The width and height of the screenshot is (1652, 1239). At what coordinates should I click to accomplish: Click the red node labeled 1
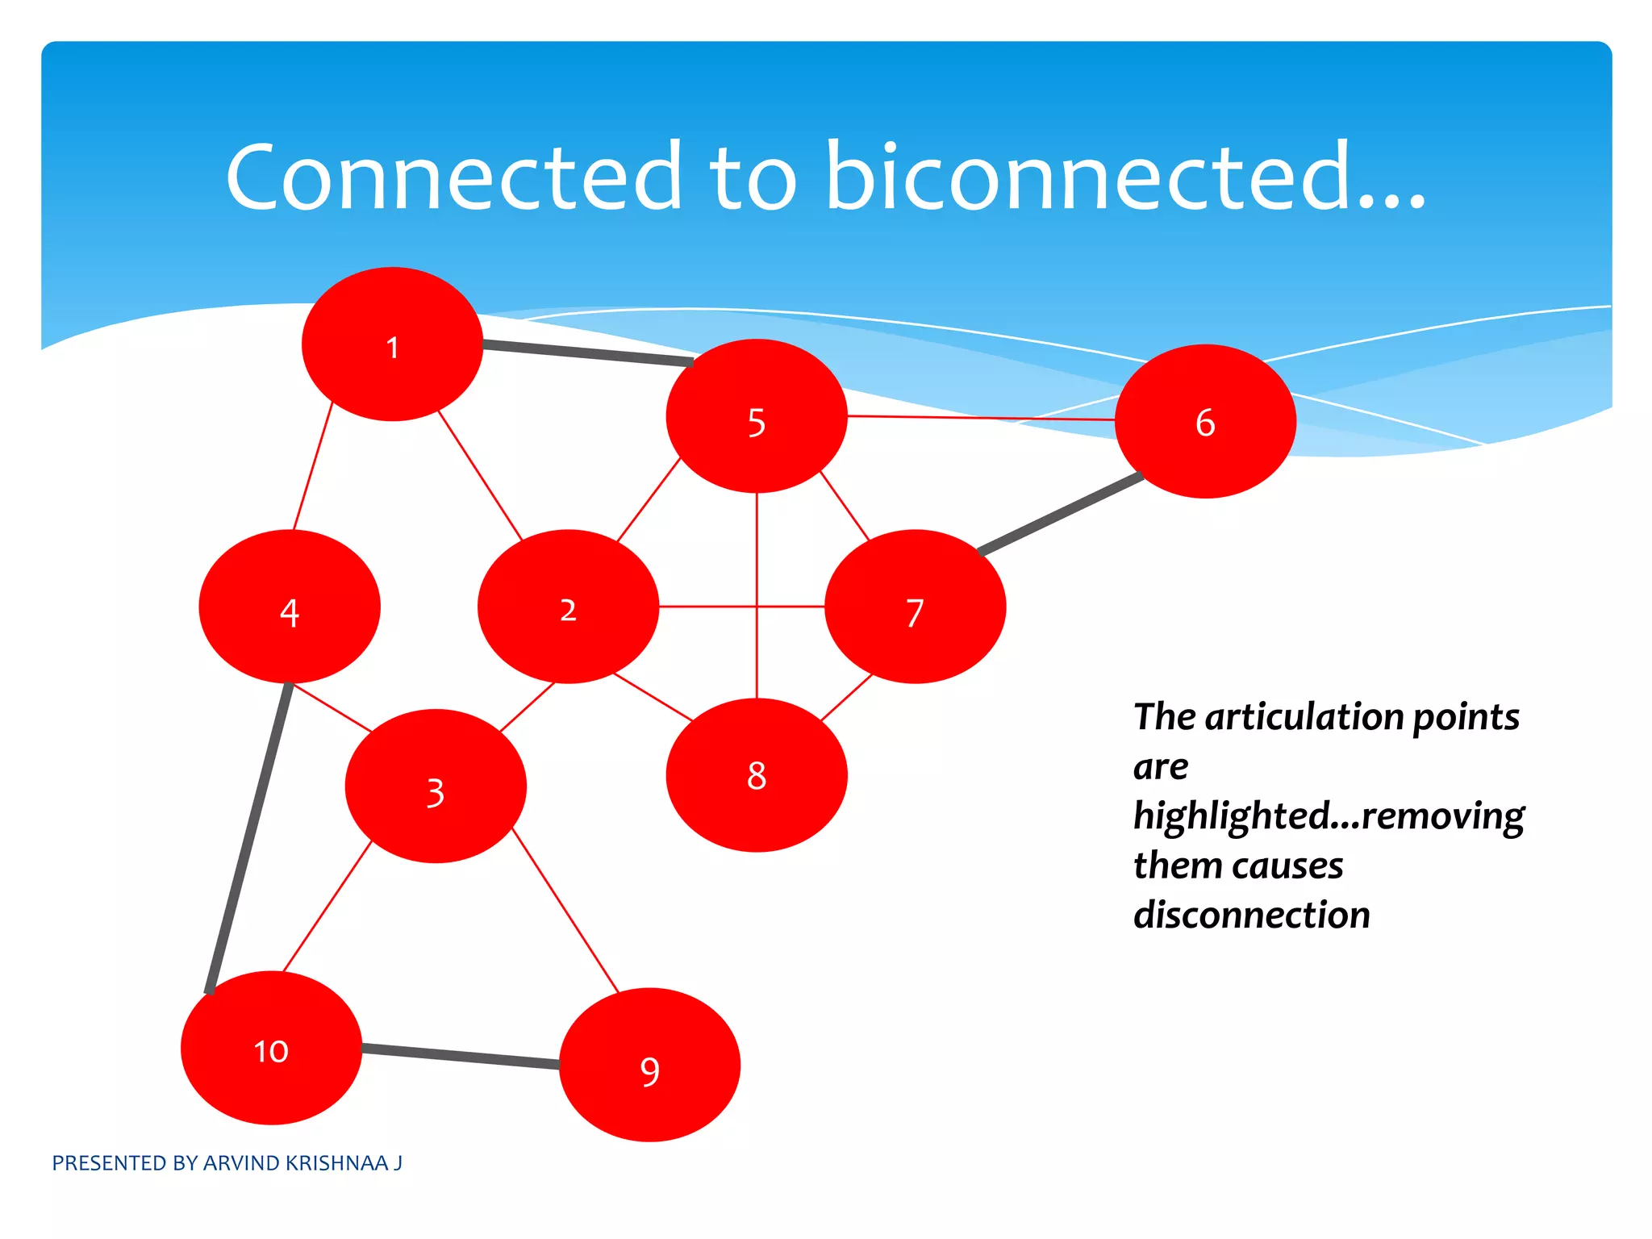click(392, 344)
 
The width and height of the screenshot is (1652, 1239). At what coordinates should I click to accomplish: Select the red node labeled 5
click(756, 416)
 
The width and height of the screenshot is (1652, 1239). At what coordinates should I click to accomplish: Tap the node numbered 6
click(1205, 421)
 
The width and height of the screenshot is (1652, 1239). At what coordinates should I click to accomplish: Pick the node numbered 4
click(290, 607)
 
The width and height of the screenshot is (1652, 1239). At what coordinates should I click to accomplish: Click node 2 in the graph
click(568, 607)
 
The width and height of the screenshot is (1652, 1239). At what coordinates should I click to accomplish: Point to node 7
click(915, 607)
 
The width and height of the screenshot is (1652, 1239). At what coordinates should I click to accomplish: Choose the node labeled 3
click(436, 786)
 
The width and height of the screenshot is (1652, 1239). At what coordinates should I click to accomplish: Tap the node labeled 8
click(756, 775)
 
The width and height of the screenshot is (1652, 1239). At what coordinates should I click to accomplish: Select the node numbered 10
click(271, 1048)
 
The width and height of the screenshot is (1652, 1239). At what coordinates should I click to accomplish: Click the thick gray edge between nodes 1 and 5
click(587, 353)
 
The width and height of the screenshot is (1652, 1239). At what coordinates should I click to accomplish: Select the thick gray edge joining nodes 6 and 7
click(1061, 514)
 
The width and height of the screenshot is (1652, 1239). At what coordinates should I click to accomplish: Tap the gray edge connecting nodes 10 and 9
click(460, 1056)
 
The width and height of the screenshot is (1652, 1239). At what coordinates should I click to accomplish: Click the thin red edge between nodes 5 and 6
click(980, 418)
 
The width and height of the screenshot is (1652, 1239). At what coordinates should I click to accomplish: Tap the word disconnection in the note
click(1251, 916)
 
